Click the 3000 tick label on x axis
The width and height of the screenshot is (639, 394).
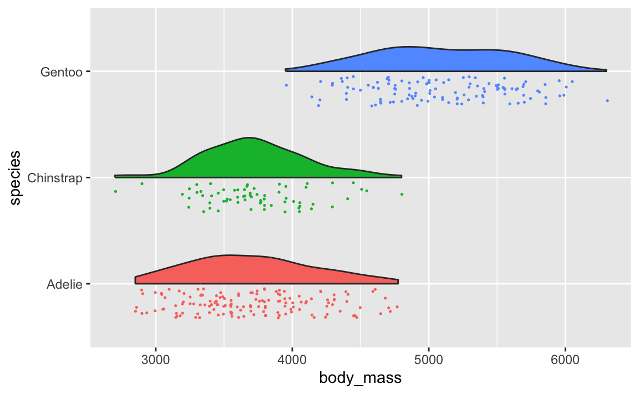tap(155, 359)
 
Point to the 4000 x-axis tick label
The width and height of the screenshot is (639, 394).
tap(292, 359)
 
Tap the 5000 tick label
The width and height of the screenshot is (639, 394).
tap(428, 359)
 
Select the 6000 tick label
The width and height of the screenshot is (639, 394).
tap(565, 359)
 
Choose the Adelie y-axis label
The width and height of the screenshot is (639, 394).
tap(64, 284)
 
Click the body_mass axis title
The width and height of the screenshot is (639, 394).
tap(360, 379)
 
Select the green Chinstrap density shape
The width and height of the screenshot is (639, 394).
tap(250, 161)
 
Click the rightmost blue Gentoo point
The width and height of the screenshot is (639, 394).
tap(607, 100)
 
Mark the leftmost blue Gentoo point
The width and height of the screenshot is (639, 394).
tap(286, 85)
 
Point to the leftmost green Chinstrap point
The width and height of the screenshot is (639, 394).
tap(115, 191)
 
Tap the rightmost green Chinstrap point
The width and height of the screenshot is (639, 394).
tap(402, 194)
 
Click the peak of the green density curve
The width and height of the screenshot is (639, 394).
tap(248, 137)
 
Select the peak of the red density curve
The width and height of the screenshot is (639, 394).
tap(229, 255)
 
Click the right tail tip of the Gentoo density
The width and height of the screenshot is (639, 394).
tap(606, 70)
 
